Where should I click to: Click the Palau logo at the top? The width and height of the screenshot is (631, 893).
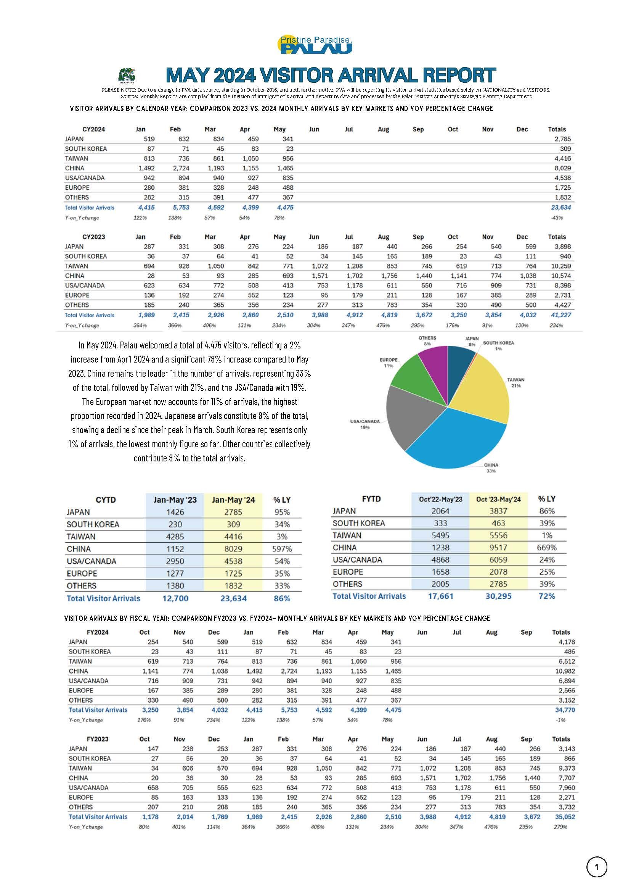(315, 45)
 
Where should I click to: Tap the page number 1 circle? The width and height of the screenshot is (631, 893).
(596, 867)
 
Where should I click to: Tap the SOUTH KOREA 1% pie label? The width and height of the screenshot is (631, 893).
(498, 346)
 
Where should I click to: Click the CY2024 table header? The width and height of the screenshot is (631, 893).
(94, 129)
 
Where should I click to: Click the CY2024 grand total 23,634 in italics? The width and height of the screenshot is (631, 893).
(560, 208)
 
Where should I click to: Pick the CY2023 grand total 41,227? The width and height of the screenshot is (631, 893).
(560, 315)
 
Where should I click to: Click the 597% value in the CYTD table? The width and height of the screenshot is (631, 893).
(282, 549)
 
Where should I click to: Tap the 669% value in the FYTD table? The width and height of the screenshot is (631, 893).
(547, 548)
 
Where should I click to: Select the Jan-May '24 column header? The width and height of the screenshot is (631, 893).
(233, 500)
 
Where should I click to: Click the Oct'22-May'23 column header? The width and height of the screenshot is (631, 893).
(441, 499)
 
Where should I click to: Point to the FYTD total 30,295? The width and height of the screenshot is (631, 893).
(498, 596)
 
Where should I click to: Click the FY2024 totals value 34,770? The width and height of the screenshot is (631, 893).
(565, 710)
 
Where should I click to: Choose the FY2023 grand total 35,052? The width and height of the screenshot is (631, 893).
(565, 817)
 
